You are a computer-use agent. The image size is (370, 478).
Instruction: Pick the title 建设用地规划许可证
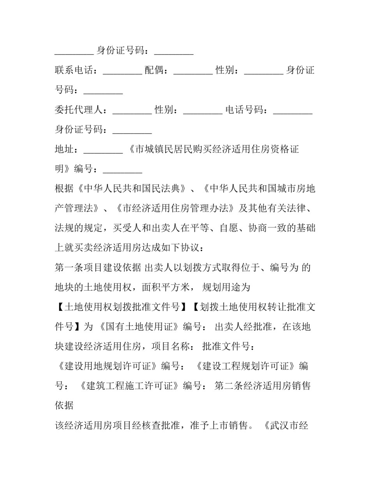coord(107,366)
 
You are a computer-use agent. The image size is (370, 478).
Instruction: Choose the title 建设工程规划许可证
coord(246,366)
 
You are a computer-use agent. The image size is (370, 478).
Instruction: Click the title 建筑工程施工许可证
coord(130,386)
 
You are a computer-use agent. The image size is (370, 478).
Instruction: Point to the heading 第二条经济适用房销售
coord(263,386)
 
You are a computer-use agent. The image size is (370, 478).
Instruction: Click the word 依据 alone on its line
coord(64,406)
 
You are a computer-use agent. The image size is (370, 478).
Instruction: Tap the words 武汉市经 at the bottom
coord(289,425)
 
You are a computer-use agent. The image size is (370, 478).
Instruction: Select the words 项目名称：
coord(174,347)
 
